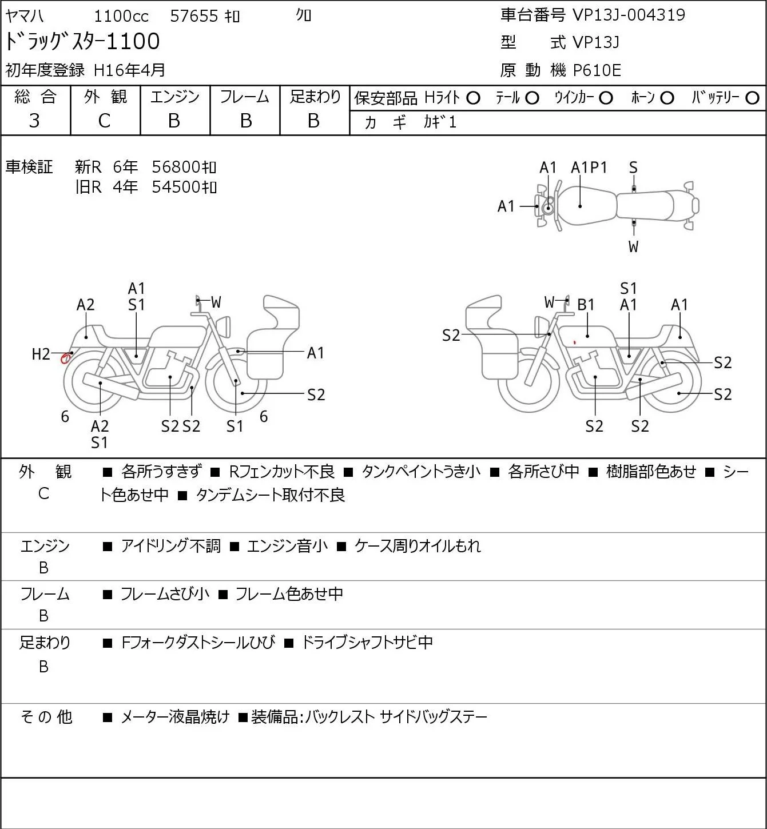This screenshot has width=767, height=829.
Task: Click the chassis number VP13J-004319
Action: pyautogui.click(x=629, y=15)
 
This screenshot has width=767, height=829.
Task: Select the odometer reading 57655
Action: pyautogui.click(x=194, y=16)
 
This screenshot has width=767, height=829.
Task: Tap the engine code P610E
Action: pyautogui.click(x=597, y=70)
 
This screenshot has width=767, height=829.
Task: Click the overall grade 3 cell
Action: pyautogui.click(x=34, y=121)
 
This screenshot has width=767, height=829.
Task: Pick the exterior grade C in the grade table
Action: pyautogui.click(x=104, y=121)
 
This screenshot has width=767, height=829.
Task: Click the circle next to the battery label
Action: pyautogui.click(x=752, y=98)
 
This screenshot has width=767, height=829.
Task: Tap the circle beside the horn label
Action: pyautogui.click(x=667, y=98)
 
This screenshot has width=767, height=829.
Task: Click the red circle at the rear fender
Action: pyautogui.click(x=65, y=358)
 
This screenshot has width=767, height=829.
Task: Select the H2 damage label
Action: pyautogui.click(x=41, y=354)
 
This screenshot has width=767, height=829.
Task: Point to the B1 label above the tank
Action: pyautogui.click(x=586, y=305)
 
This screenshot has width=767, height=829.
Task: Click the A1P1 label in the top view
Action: pyautogui.click(x=589, y=168)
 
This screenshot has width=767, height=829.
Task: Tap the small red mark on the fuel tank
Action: pyautogui.click(x=575, y=342)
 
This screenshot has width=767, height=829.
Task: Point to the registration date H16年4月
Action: pyautogui.click(x=129, y=70)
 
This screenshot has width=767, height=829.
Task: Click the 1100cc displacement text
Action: pyautogui.click(x=121, y=16)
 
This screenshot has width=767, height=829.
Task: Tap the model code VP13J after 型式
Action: pyautogui.click(x=596, y=42)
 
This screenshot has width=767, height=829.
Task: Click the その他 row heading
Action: pyautogui.click(x=46, y=717)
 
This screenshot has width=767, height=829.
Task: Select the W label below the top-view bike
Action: pyautogui.click(x=633, y=246)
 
